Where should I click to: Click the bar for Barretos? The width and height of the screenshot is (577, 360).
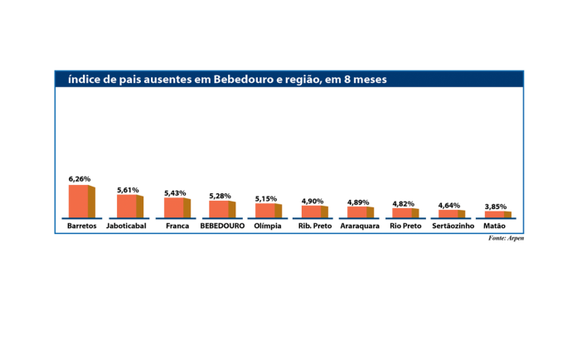tap(80, 201)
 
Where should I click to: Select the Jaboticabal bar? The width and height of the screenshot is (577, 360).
tap(128, 205)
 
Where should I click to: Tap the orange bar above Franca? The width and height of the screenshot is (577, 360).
tap(176, 207)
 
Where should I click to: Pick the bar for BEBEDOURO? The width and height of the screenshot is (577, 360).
tap(221, 209)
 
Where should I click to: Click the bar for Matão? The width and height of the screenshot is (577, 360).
tap(497, 214)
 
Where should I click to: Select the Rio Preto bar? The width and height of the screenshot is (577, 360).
tap(405, 212)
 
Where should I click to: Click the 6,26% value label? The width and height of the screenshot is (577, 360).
tap(80, 178)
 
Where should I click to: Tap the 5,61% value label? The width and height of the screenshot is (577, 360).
tap(128, 189)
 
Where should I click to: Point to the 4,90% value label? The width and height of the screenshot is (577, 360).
tap(313, 200)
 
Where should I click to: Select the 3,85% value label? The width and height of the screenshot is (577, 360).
tap(496, 207)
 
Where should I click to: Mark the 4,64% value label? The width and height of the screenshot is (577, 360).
tap(449, 205)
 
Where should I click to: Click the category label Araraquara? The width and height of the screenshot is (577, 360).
tap(359, 226)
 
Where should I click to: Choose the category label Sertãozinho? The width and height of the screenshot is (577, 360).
tap(453, 226)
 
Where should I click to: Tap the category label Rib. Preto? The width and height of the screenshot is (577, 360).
tap(313, 226)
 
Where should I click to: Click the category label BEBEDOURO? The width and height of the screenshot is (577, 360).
tap(222, 226)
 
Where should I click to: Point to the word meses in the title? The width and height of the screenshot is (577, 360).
tap(367, 80)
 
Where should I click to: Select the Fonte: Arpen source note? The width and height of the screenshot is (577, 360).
tap(506, 238)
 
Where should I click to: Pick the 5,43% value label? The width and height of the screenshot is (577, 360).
tap(175, 192)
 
